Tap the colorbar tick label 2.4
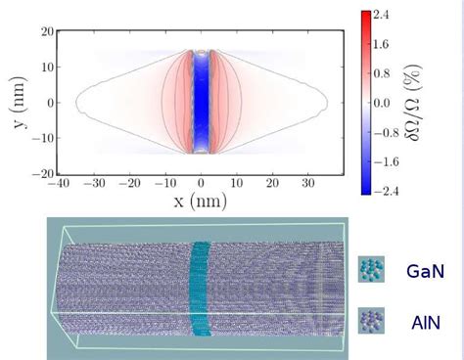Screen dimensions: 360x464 pyautogui.click(x=383, y=16)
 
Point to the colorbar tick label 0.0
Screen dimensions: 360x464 pyautogui.click(x=383, y=102)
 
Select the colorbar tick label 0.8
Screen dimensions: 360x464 pyautogui.click(x=383, y=73)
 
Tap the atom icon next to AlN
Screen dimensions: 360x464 pyautogui.click(x=371, y=319)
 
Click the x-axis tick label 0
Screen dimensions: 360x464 pyautogui.click(x=201, y=183)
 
